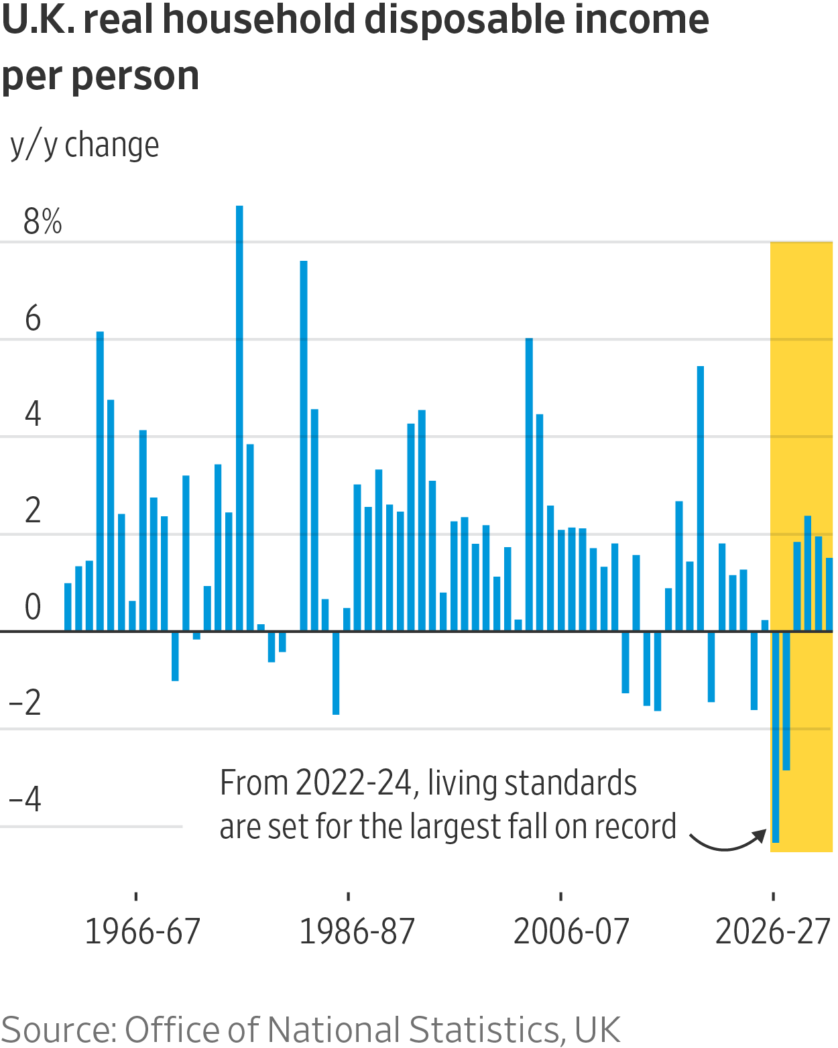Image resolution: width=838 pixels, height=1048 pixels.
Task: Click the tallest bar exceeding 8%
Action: coord(239,416)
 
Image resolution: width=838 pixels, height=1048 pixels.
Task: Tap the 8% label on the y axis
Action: coord(42,221)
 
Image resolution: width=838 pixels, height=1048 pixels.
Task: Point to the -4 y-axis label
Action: coord(25,799)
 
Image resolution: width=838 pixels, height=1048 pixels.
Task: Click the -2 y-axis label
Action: coord(25,703)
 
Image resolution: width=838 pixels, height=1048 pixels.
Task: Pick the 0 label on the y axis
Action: coord(33,607)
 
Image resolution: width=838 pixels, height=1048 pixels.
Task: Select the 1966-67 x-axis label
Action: coord(142,931)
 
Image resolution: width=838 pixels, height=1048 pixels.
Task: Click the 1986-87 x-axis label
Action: coord(357,931)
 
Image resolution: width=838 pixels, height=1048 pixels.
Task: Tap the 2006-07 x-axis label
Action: coord(571,931)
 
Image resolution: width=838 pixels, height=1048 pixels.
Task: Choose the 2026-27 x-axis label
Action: coord(773,931)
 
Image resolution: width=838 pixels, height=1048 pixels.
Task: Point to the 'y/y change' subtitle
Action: coord(85,145)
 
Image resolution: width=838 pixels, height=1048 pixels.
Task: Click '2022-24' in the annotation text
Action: coord(353,782)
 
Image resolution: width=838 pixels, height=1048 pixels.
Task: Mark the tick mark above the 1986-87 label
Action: coord(349,896)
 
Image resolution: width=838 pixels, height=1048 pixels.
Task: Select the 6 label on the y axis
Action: coord(33,318)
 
